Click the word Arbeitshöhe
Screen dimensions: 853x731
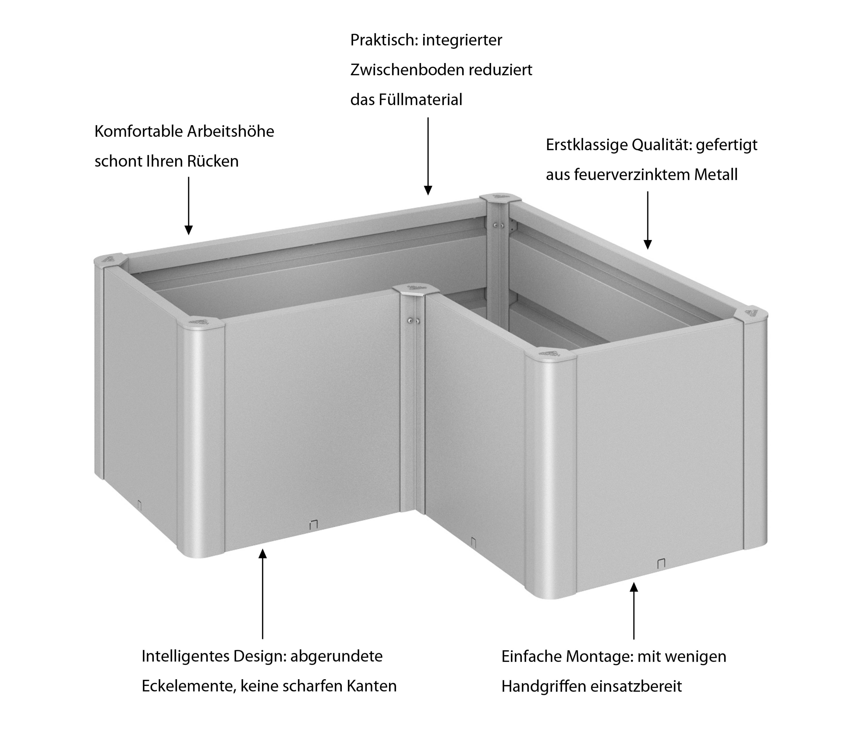pyautogui.click(x=231, y=131)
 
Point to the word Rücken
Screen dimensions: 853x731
pyautogui.click(x=213, y=161)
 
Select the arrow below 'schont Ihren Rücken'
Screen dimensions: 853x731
pyautogui.click(x=189, y=206)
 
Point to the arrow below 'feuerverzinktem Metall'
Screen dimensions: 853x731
pyautogui.click(x=648, y=220)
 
